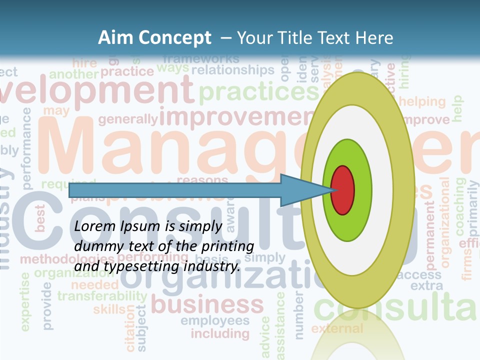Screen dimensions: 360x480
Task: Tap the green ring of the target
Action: [362, 190]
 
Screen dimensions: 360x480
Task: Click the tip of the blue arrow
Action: [332, 190]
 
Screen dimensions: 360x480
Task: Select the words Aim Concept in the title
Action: [154, 38]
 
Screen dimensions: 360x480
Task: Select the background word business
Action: [207, 304]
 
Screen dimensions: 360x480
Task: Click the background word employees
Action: [215, 320]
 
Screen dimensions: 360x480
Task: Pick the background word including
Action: [220, 333]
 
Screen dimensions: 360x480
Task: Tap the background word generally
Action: [128, 119]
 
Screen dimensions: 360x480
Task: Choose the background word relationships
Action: [233, 70]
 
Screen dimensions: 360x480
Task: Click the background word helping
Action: [422, 102]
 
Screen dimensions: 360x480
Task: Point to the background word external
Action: [337, 328]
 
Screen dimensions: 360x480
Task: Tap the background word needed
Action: [94, 284]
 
